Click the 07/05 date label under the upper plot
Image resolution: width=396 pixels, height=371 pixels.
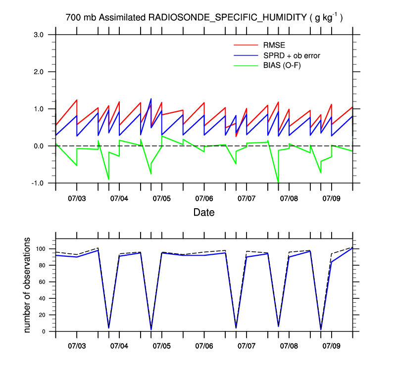(161, 198)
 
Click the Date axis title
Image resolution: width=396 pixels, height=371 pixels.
(203, 213)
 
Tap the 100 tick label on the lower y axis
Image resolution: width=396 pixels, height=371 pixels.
(41, 249)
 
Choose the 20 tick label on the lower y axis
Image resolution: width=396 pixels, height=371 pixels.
(43, 315)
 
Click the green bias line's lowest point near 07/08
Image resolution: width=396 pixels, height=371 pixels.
(278, 183)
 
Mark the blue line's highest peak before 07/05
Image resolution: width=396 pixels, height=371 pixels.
(151, 99)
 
